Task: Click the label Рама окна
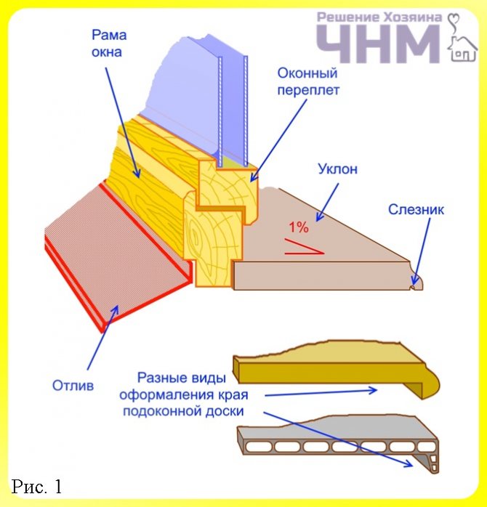pos(106,43)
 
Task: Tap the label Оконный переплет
pos(308,81)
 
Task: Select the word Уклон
pos(337,169)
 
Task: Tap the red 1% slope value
pos(299,227)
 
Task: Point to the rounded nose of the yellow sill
pos(433,381)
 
